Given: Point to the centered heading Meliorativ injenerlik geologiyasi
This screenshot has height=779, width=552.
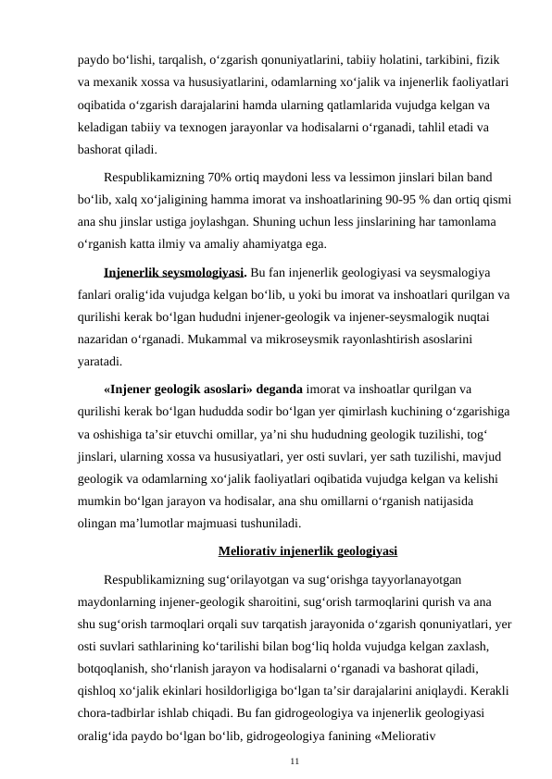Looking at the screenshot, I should click(x=308, y=553).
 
